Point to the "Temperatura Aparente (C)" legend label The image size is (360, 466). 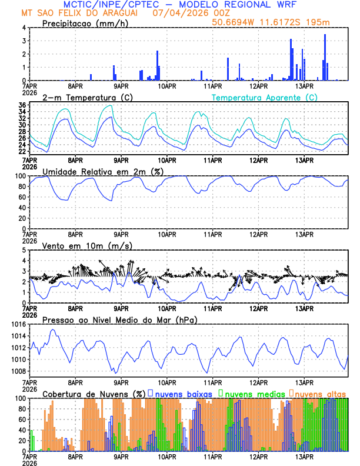265,97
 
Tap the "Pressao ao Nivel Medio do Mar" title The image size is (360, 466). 119,319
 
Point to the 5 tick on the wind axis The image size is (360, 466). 24,250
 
